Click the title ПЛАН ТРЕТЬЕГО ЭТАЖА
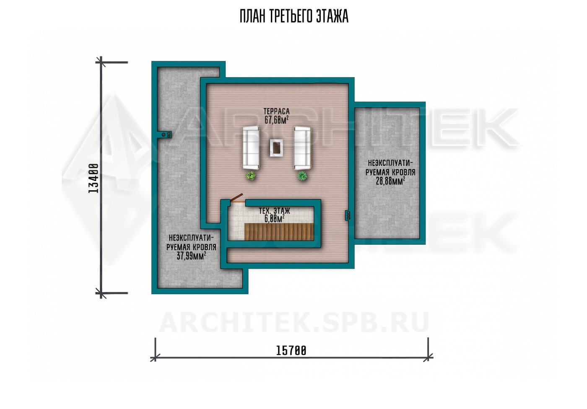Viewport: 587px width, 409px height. click(x=294, y=16)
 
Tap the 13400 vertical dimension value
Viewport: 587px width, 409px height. click(x=94, y=179)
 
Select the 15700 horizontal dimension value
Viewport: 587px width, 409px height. click(x=291, y=351)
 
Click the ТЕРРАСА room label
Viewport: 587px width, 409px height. click(x=276, y=111)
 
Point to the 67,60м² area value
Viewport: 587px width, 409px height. click(x=276, y=120)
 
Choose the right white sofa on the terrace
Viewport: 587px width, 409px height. click(x=302, y=148)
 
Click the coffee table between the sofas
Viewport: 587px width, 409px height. click(x=276, y=148)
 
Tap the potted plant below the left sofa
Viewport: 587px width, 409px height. click(x=251, y=176)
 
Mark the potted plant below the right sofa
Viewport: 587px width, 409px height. click(x=302, y=176)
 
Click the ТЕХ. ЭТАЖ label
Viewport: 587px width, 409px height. click(x=274, y=211)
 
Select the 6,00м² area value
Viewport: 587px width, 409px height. click(x=274, y=219)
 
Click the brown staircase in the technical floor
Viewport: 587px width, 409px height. click(x=279, y=232)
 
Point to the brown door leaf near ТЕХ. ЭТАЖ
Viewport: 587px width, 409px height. click(x=236, y=198)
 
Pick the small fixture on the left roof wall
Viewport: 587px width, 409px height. click(x=166, y=135)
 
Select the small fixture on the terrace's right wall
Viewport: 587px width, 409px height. click(x=348, y=215)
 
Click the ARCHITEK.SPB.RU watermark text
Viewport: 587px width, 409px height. click(x=294, y=323)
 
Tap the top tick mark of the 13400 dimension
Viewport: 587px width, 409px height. click(x=101, y=62)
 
